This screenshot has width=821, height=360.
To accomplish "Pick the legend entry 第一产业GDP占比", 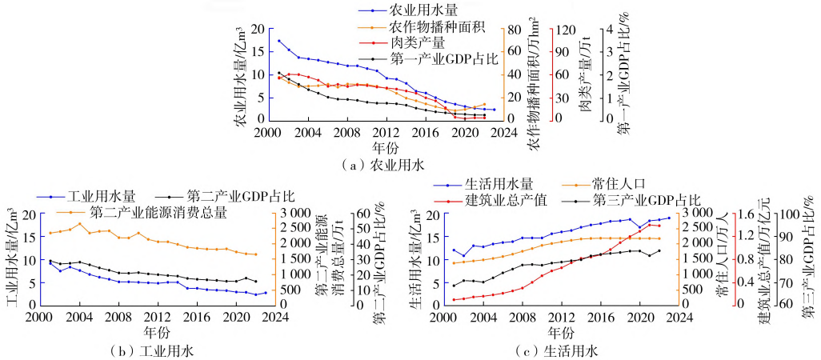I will pyautogui.click(x=444, y=58).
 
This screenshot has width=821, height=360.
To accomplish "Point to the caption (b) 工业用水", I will pyautogui.click(x=155, y=350).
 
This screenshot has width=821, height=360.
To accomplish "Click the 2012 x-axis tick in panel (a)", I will pyautogui.click(x=386, y=132).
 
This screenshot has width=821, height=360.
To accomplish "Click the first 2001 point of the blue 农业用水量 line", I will pyautogui.click(x=278, y=40).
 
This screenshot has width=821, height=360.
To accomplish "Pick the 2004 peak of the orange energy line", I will pyautogui.click(x=80, y=223).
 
